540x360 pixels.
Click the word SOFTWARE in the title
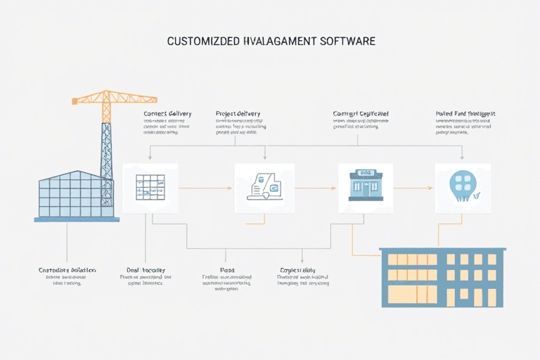347,41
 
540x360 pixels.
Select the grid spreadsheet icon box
150,188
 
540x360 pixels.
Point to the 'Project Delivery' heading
238,114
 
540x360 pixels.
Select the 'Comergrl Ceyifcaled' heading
361,114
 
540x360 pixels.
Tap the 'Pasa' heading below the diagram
227,270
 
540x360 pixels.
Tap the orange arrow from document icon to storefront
314,188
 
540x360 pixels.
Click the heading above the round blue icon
465,114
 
